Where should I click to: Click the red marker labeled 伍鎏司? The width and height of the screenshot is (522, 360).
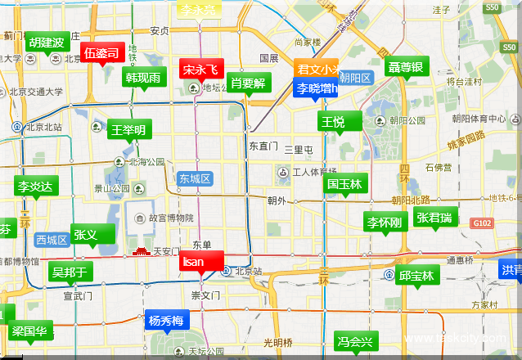(x=102, y=53)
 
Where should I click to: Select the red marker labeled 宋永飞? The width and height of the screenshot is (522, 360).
(x=200, y=70)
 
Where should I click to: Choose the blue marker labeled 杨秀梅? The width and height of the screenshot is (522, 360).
(x=166, y=320)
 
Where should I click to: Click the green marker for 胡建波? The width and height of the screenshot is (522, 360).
(x=46, y=43)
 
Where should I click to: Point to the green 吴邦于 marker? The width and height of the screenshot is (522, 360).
(x=70, y=272)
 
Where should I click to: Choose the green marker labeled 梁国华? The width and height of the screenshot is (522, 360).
(x=32, y=332)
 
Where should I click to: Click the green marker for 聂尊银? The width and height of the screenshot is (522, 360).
(x=406, y=67)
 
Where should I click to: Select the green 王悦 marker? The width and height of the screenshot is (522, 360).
(x=333, y=122)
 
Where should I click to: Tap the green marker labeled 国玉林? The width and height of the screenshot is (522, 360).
(x=344, y=185)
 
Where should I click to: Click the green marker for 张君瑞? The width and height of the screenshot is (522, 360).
(x=434, y=218)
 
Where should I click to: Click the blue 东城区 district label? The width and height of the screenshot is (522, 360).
(x=196, y=178)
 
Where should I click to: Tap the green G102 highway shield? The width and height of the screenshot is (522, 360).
(x=482, y=223)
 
